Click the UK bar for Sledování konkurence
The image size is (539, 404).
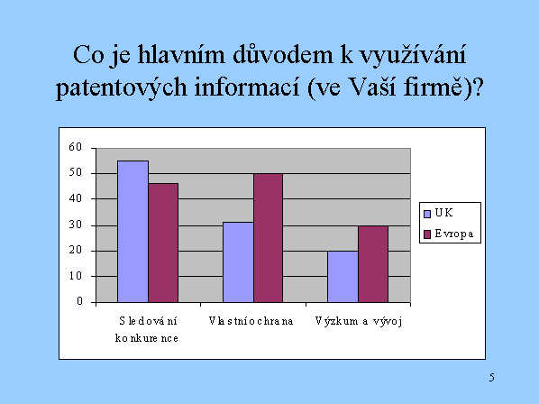coord(133,232)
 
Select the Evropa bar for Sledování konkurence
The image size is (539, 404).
coord(163,243)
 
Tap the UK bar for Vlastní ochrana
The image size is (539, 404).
coord(238,262)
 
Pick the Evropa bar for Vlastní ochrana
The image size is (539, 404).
coord(268,238)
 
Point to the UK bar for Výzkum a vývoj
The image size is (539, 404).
coord(343,277)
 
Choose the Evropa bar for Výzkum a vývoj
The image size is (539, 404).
coord(373,264)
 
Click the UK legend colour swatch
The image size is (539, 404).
coord(427,214)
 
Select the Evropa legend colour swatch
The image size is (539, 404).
coord(427,234)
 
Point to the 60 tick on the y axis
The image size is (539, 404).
coord(76,147)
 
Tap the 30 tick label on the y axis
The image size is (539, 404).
coord(76,225)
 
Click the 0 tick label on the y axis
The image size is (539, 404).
coord(79,301)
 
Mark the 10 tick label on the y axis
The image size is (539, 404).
coord(76,276)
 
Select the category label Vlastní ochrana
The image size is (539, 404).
coord(251,321)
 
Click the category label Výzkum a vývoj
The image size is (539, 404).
coord(359,322)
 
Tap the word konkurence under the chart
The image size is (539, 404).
coord(147,338)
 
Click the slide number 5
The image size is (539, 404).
coord(492,378)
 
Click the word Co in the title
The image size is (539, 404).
coord(88,55)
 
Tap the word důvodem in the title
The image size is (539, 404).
coord(283,54)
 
